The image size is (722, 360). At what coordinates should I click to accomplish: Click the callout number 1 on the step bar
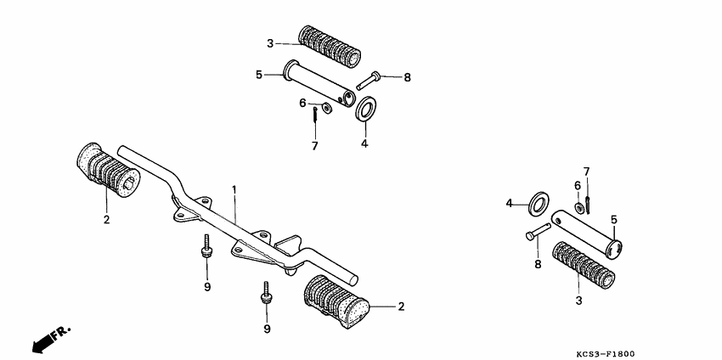[234, 189]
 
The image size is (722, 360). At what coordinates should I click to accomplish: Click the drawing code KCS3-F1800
[605, 353]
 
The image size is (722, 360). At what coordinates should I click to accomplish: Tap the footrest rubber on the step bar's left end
[107, 170]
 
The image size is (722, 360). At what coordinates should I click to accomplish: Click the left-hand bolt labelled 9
[206, 248]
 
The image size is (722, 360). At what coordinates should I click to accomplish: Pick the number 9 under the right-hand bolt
[267, 329]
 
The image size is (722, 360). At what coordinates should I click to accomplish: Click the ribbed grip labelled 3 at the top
[330, 47]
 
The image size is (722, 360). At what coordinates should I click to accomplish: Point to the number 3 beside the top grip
[270, 44]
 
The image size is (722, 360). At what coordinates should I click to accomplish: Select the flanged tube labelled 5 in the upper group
[319, 84]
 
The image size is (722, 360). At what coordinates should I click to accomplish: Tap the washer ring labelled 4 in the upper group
[365, 109]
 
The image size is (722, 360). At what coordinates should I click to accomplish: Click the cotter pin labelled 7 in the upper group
[314, 114]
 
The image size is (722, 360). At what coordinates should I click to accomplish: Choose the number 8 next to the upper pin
[407, 77]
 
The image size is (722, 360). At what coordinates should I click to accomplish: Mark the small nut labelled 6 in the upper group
[326, 108]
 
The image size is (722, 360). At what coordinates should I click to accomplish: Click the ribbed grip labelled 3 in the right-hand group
[583, 265]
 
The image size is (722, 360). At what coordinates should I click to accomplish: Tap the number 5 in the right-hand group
[614, 220]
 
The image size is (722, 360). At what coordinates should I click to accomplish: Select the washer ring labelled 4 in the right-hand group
[539, 204]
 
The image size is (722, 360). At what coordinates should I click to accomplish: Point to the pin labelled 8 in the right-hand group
[539, 231]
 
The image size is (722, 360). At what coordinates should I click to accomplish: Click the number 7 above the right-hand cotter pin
[586, 172]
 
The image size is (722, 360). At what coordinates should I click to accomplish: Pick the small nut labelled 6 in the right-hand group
[579, 208]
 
